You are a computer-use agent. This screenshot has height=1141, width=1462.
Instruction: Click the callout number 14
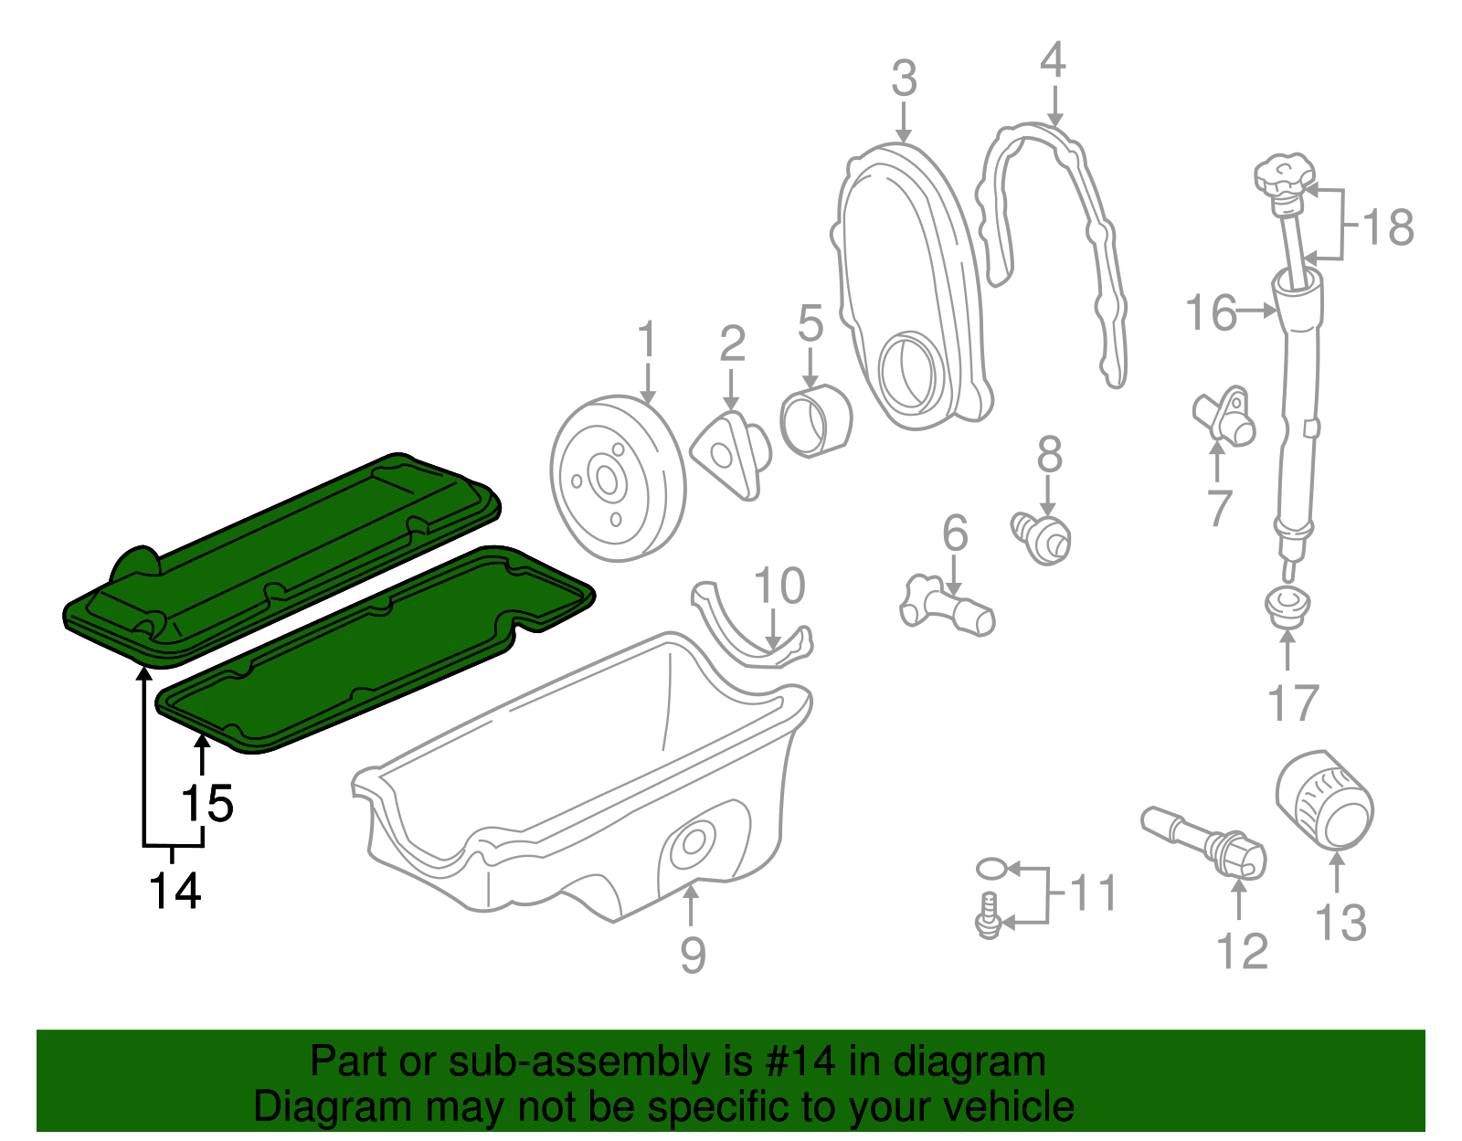pyautogui.click(x=175, y=890)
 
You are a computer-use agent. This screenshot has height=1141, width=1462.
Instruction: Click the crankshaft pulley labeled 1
pyautogui.click(x=617, y=479)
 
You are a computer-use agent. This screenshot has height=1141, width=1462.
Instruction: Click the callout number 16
pyautogui.click(x=1211, y=312)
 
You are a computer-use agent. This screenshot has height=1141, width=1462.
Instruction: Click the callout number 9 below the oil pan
pyautogui.click(x=693, y=955)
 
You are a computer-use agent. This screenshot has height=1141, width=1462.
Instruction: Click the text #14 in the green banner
pyautogui.click(x=794, y=1062)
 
